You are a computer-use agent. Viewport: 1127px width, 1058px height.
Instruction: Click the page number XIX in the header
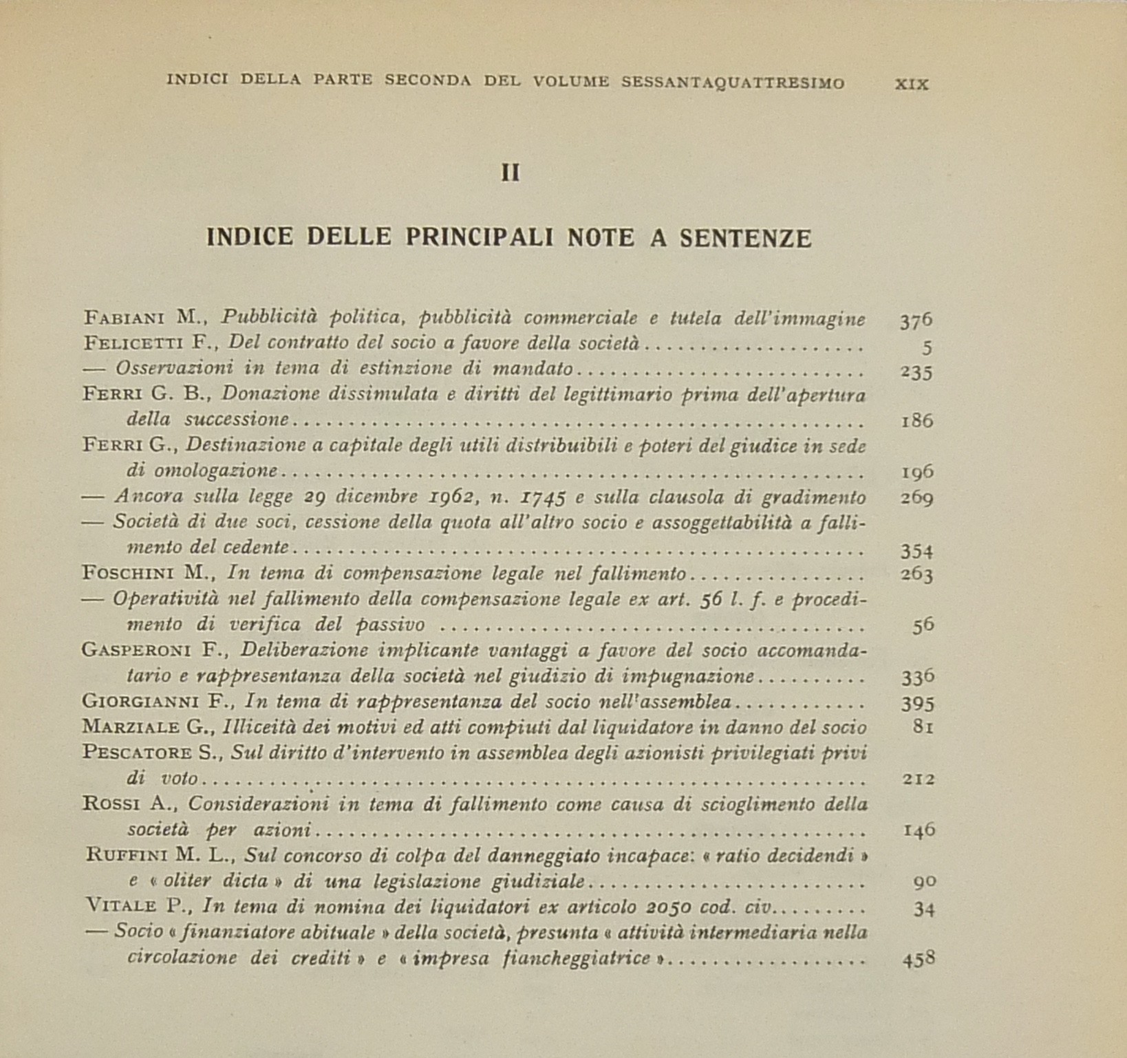[x=912, y=85]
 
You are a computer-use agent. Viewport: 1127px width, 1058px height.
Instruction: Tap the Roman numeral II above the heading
[x=510, y=173]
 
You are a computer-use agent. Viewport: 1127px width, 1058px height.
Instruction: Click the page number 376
[x=916, y=319]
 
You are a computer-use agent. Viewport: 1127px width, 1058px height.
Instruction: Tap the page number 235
[x=916, y=371]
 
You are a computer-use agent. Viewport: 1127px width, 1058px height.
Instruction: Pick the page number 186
[x=916, y=420]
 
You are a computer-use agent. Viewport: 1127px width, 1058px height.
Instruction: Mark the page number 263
[x=916, y=574]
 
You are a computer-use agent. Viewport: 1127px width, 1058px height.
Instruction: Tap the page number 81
[x=923, y=726]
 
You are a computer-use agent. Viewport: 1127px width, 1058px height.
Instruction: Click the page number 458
[x=918, y=958]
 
